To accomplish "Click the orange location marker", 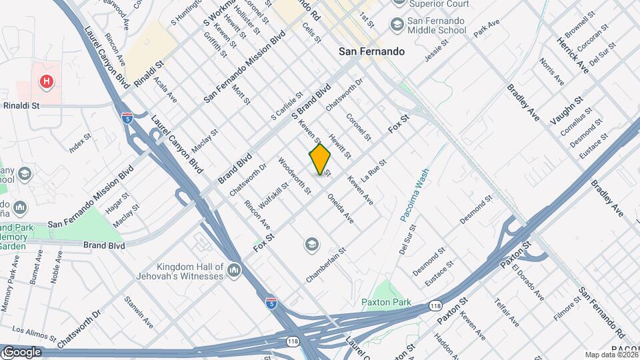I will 320,159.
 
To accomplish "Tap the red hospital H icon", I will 46,82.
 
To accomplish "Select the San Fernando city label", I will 371,51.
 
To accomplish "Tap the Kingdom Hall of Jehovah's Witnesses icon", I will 233,270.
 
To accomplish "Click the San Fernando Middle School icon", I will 397,25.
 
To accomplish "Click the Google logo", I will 22,351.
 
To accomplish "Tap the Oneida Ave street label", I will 340,208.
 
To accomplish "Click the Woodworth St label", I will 295,175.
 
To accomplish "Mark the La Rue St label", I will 374,171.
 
